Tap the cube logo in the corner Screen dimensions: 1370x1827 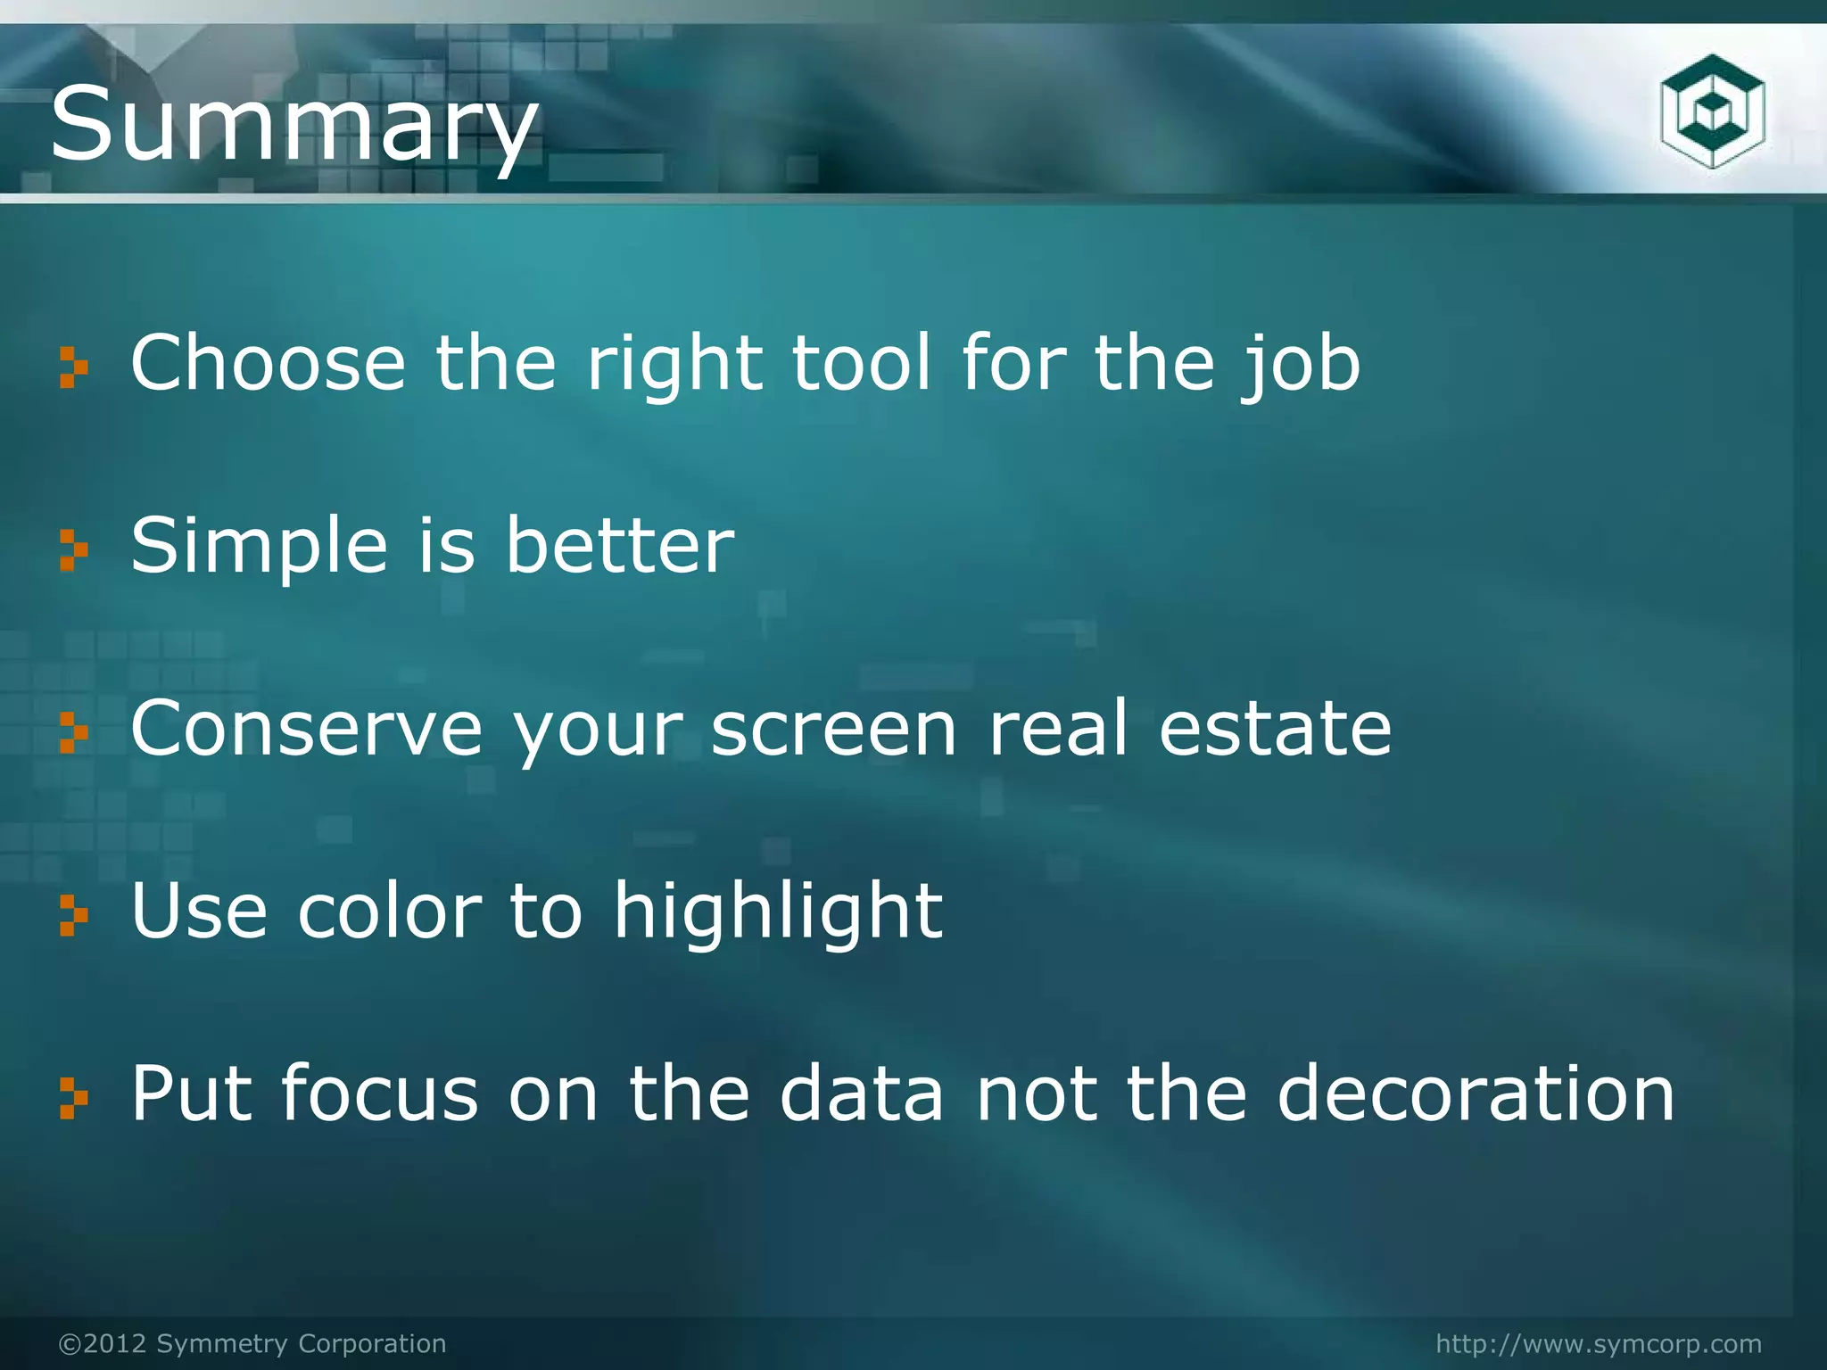tap(1712, 111)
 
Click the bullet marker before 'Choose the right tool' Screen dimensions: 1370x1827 tap(73, 367)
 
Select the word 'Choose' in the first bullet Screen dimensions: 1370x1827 tap(268, 363)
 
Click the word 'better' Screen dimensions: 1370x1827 tap(619, 545)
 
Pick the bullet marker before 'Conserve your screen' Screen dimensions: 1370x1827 tap(73, 733)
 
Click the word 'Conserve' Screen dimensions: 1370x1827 tap(306, 729)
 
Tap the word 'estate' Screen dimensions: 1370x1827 tap(1275, 729)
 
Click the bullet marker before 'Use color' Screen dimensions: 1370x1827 tap(73, 916)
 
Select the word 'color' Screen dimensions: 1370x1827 tap(390, 912)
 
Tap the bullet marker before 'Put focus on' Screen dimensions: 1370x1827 tap(73, 1098)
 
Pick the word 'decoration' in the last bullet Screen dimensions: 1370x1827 tap(1476, 1094)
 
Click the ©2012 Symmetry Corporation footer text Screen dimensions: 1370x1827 tap(252, 1343)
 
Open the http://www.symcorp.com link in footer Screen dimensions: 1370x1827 tap(1599, 1343)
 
